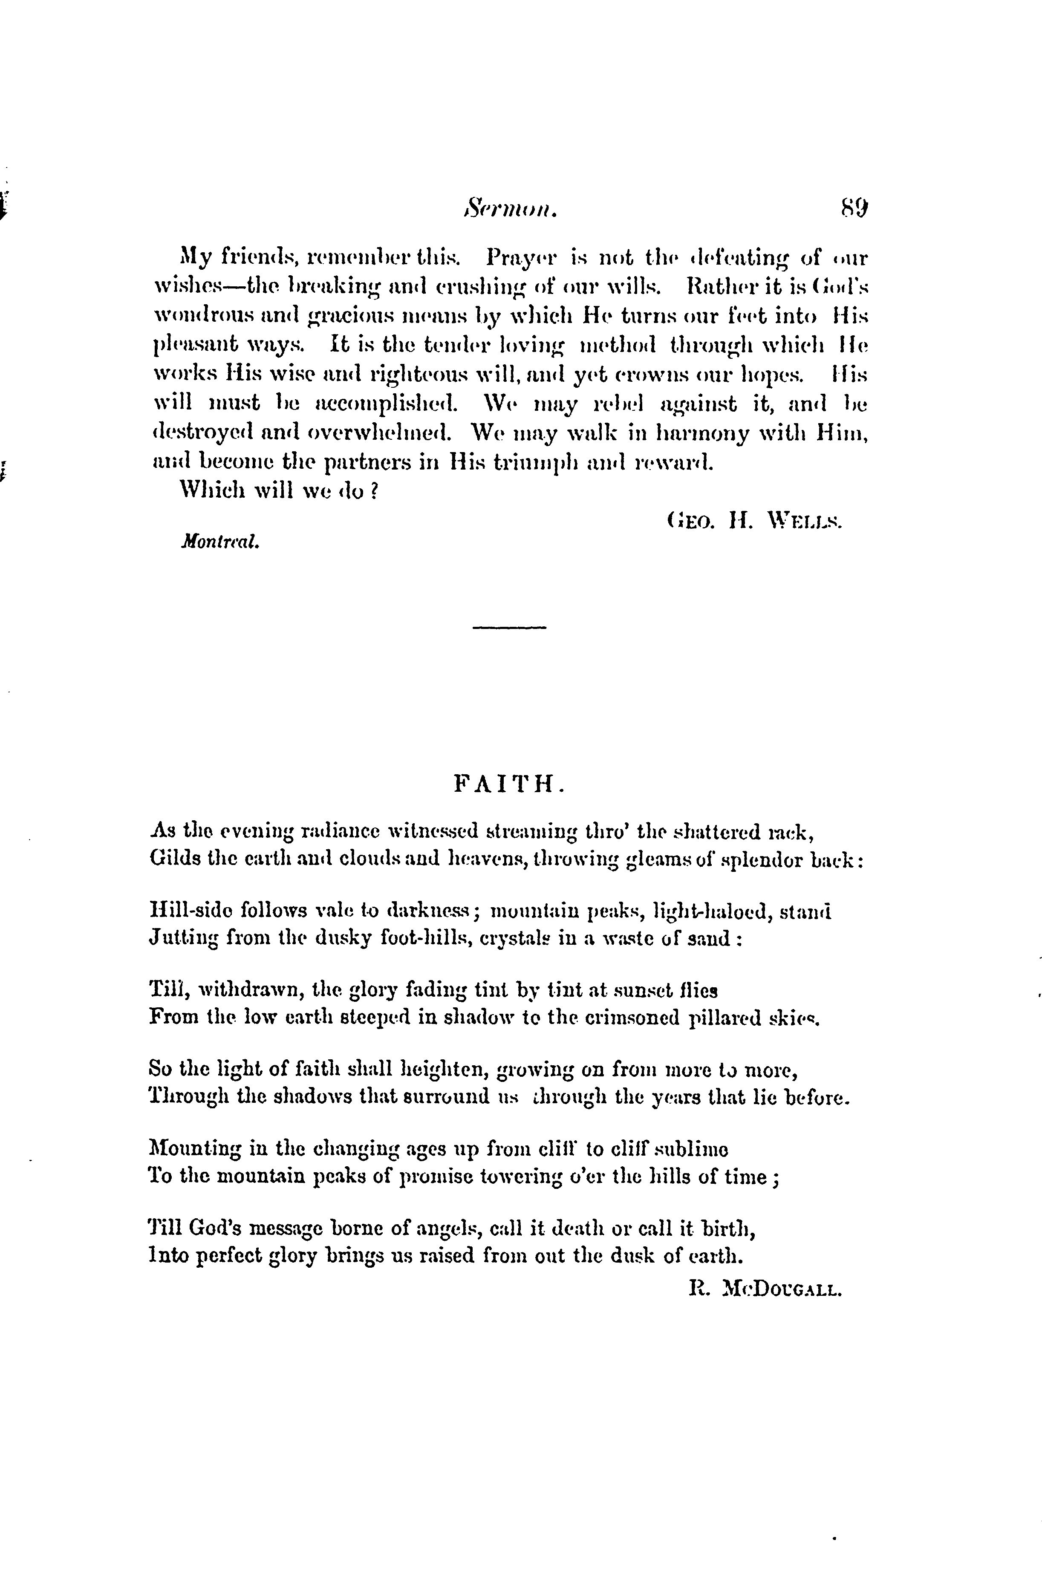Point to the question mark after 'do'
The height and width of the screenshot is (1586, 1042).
(x=374, y=491)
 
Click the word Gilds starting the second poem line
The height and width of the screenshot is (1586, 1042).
(x=173, y=859)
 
